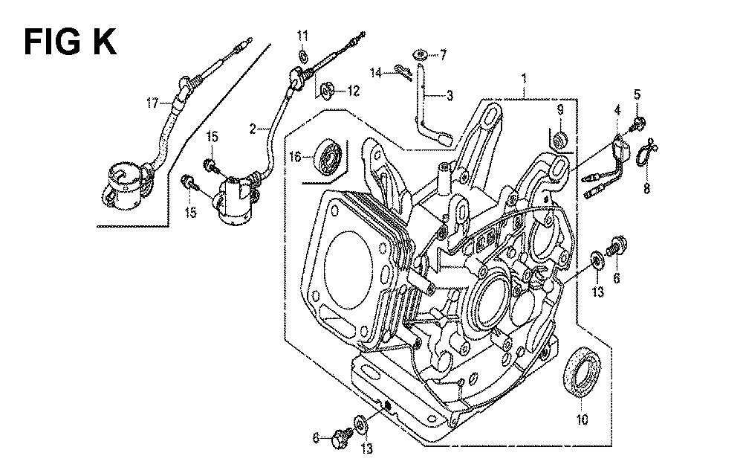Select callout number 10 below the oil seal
pos(582,419)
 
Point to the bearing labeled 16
pos(328,157)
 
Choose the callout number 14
pos(376,71)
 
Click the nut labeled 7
pos(422,54)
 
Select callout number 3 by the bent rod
pos(450,95)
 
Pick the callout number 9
pos(560,110)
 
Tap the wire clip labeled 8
pos(647,153)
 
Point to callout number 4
pos(616,110)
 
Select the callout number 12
pos(351,91)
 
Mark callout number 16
pos(296,157)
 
